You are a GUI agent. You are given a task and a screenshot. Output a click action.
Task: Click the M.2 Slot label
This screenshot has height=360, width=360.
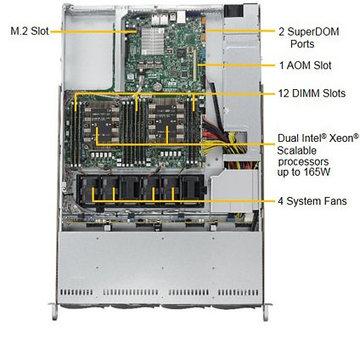pyautogui.click(x=30, y=31)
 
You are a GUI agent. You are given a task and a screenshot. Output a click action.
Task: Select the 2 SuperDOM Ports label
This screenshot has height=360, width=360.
pyautogui.click(x=309, y=37)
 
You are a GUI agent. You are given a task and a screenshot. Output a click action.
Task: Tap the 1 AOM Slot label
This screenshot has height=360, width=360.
pyautogui.click(x=305, y=65)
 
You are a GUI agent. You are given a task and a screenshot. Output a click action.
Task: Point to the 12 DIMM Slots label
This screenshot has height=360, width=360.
pyautogui.click(x=312, y=93)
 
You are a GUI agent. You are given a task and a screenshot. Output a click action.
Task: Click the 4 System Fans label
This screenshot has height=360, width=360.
pyautogui.click(x=312, y=201)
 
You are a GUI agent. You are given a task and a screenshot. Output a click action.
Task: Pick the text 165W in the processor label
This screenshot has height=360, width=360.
pyautogui.click(x=318, y=172)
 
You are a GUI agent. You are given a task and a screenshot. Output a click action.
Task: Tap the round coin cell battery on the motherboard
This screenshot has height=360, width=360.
pyautogui.click(x=156, y=87)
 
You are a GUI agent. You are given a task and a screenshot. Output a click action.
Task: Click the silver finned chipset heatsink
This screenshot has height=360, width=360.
pyautogui.click(x=153, y=42)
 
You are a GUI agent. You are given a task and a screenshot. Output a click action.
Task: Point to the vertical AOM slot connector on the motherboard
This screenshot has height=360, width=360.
pyautogui.click(x=194, y=65)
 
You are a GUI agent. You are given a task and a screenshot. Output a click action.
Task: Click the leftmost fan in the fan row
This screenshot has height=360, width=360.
pyautogui.click(x=87, y=190)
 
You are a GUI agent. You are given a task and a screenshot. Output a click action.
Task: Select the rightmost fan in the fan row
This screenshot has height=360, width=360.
pyautogui.click(x=191, y=190)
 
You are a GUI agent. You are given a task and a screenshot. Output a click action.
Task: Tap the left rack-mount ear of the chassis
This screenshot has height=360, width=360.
pyautogui.click(x=53, y=312)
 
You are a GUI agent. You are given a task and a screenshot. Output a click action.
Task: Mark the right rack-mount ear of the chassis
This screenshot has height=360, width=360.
pyautogui.click(x=267, y=312)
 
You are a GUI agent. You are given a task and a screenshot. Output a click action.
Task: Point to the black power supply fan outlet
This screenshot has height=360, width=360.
pyautogui.click(x=233, y=10)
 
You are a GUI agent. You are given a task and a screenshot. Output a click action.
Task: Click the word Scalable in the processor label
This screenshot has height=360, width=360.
pyautogui.click(x=296, y=150)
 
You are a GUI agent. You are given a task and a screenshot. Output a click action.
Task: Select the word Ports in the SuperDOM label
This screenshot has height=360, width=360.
pyautogui.click(x=302, y=44)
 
